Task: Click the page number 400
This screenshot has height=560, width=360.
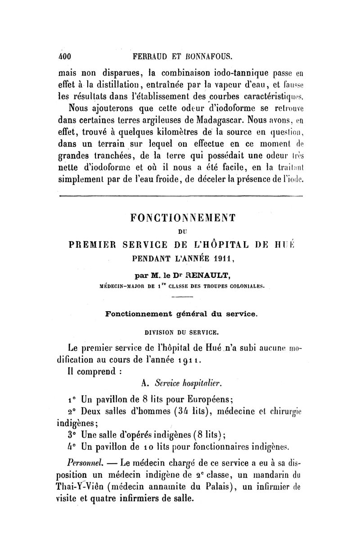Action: coord(66,56)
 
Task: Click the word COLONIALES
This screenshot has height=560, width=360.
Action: coord(240,285)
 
